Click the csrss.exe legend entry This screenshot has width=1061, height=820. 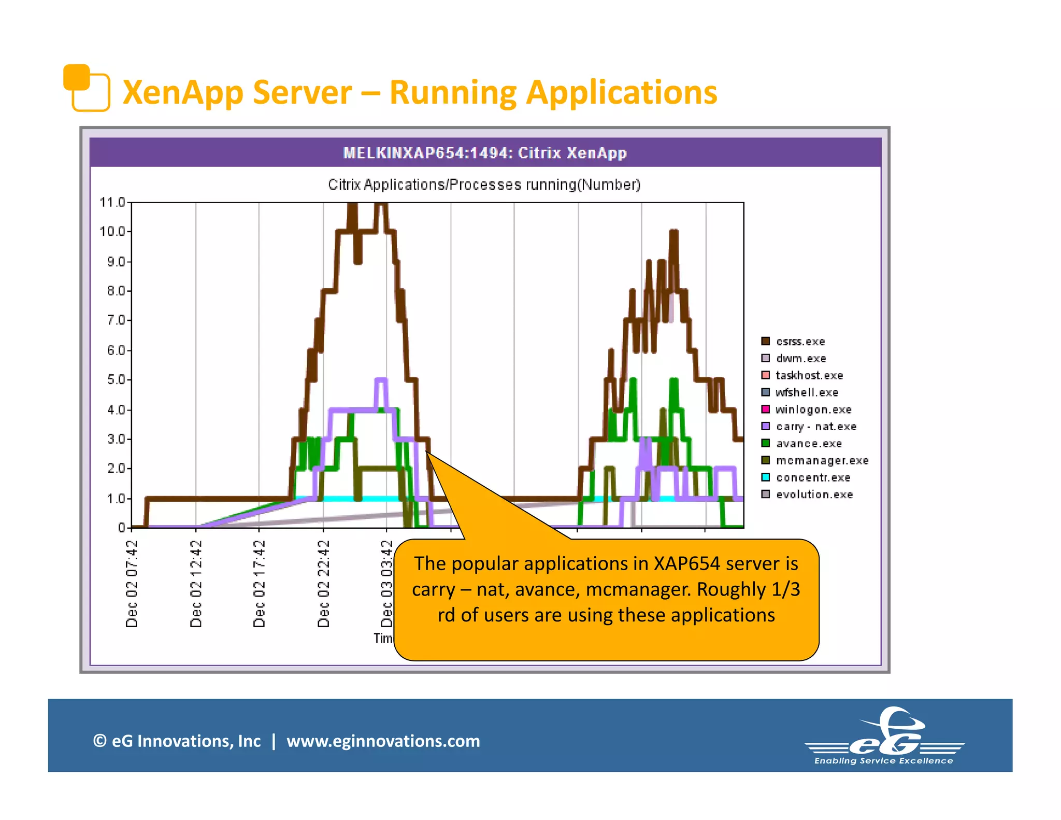pyautogui.click(x=800, y=342)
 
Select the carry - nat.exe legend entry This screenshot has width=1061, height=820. pyautogui.click(x=815, y=427)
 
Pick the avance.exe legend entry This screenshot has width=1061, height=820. pyautogui.click(x=808, y=444)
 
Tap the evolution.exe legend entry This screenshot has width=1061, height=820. pyautogui.click(x=814, y=494)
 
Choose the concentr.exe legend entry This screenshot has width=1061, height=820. pyautogui.click(x=812, y=477)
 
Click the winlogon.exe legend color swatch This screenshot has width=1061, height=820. pyautogui.click(x=765, y=409)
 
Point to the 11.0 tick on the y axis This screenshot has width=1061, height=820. pyautogui.click(x=112, y=202)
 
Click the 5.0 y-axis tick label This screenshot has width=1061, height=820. pyautogui.click(x=116, y=380)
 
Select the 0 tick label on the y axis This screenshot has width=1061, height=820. pyautogui.click(x=121, y=528)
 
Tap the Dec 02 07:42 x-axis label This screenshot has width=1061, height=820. pyautogui.click(x=132, y=584)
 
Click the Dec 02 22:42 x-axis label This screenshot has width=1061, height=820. pyautogui.click(x=323, y=584)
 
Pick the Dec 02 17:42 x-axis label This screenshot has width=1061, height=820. pyautogui.click(x=259, y=584)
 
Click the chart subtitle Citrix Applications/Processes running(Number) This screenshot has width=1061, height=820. pyautogui.click(x=484, y=185)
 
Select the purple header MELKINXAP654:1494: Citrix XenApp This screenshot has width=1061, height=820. pyautogui.click(x=485, y=153)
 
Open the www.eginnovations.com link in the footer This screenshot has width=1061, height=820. pyautogui.click(x=383, y=741)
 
